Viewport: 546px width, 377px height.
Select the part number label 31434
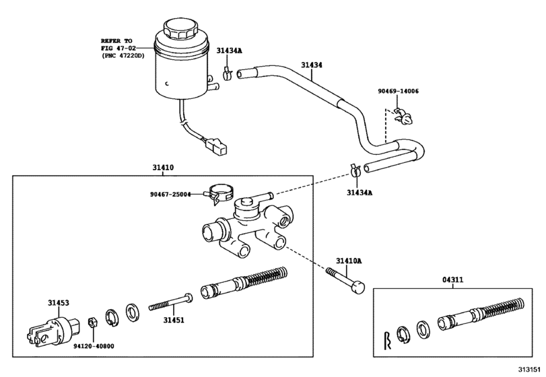312,65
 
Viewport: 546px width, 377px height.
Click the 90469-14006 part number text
398,90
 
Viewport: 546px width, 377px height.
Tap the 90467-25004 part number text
170,195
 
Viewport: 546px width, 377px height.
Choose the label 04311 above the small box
452,279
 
